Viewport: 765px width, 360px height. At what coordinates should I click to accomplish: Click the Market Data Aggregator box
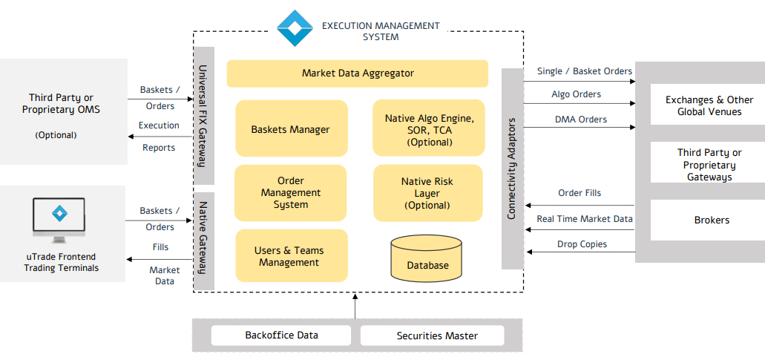coord(357,73)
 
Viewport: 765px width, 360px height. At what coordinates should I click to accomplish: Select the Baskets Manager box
coord(291,128)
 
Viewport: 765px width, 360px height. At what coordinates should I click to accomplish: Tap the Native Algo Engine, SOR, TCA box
coord(428,128)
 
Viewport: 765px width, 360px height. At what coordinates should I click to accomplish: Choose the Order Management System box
coord(290,193)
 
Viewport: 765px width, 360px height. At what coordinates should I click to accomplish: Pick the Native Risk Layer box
coord(428,193)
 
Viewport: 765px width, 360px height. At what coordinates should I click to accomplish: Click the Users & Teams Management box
coord(290,256)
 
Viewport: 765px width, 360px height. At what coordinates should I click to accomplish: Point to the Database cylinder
coord(427,258)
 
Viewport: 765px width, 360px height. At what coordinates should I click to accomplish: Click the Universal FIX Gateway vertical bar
coord(204,115)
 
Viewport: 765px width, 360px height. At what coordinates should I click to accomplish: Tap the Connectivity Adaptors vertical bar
coord(512,168)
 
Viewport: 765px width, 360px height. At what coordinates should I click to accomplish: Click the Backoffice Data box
coord(282,336)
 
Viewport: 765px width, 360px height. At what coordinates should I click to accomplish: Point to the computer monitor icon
coord(59,220)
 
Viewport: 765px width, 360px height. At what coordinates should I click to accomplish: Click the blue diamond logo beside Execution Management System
coord(295,28)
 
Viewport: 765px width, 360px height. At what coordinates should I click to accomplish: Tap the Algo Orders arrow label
coord(576,94)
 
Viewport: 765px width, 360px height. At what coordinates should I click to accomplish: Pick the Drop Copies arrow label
coord(582,244)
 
